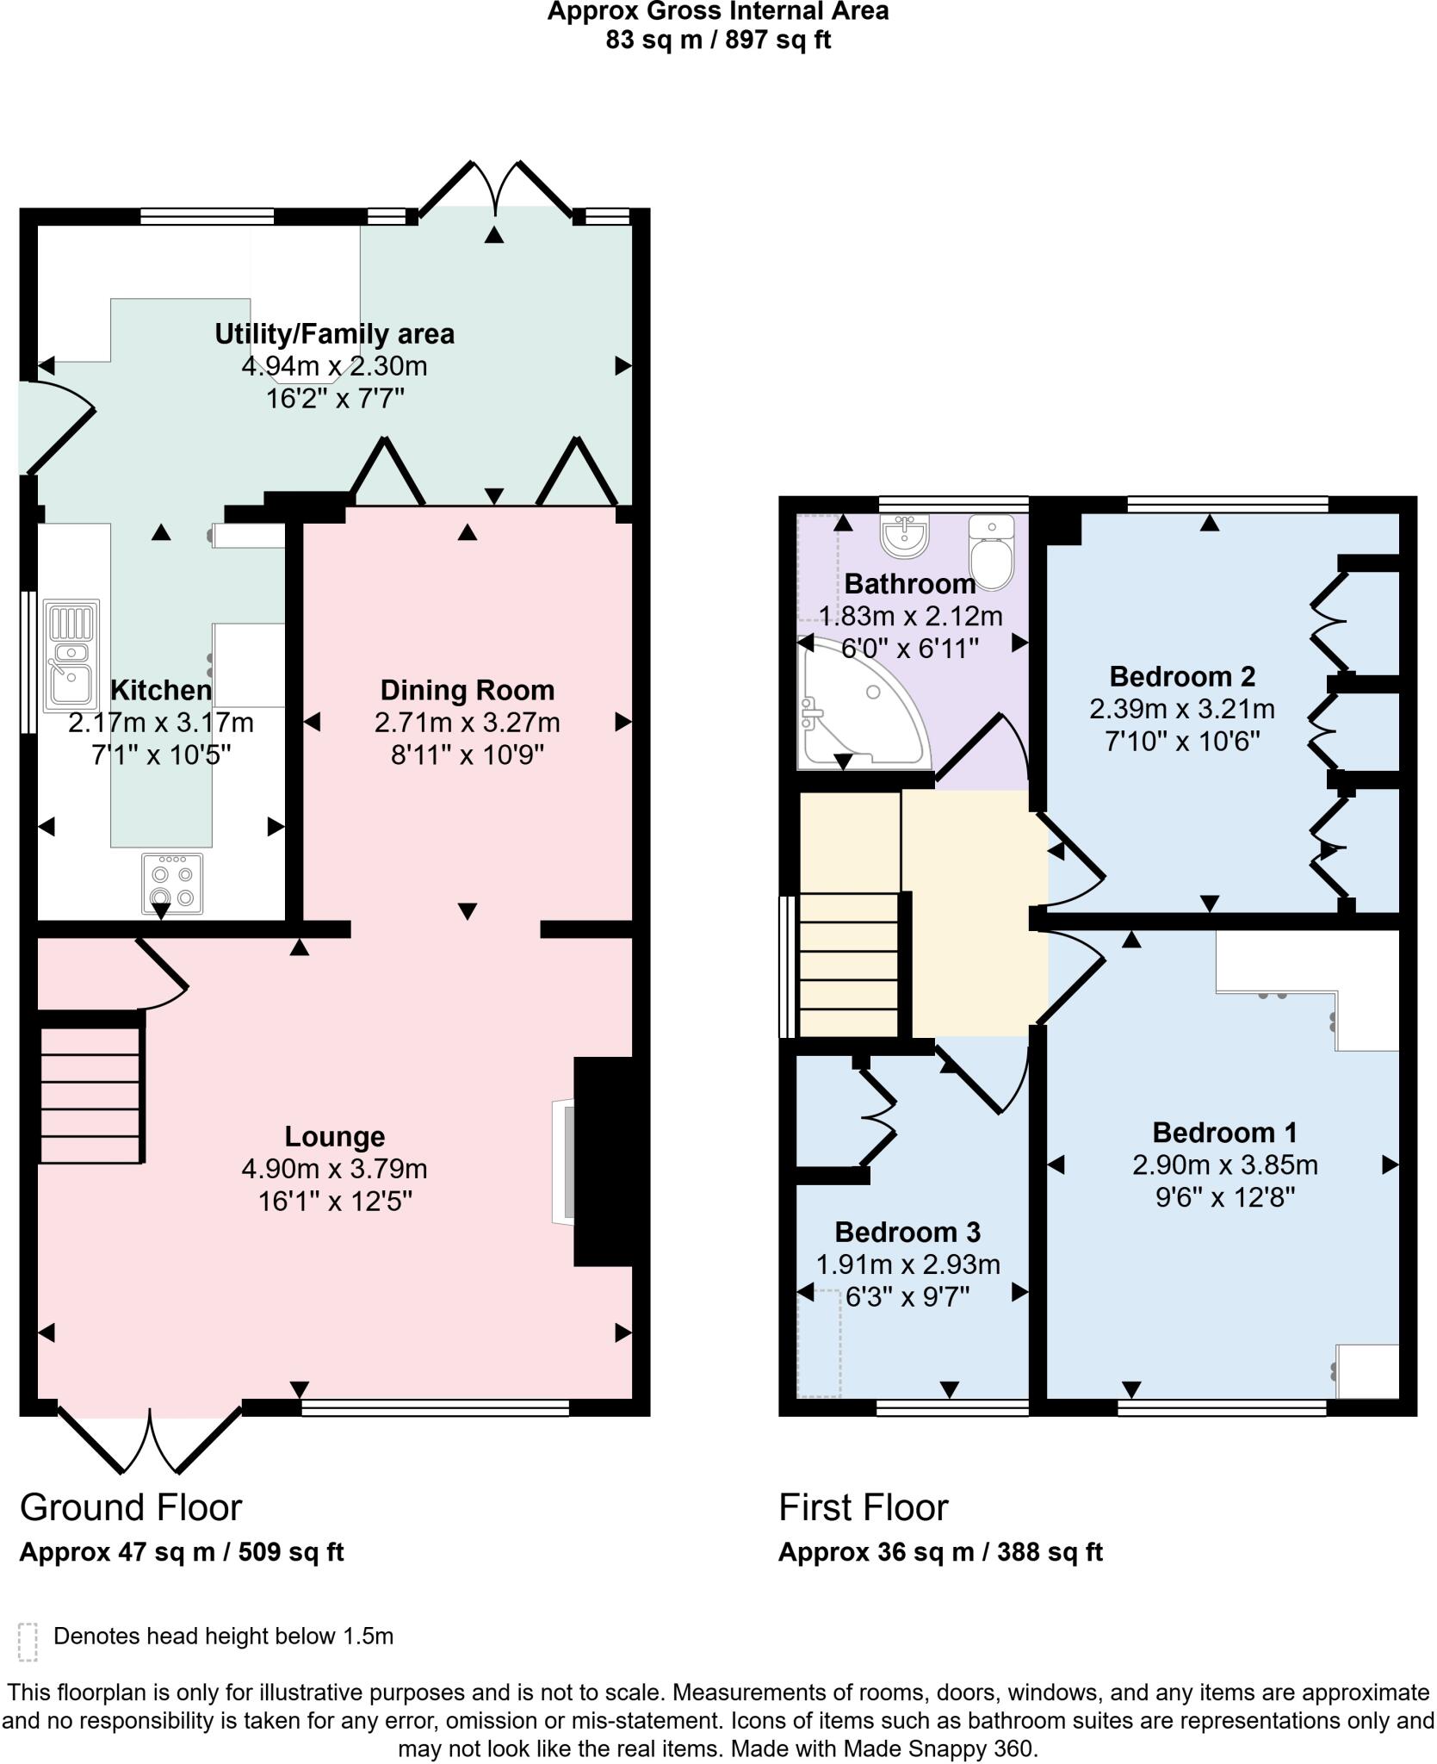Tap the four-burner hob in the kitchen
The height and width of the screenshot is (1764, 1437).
point(172,883)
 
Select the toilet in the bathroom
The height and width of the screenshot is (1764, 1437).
point(991,553)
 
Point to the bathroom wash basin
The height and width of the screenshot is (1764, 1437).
point(903,534)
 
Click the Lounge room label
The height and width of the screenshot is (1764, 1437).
point(334,1136)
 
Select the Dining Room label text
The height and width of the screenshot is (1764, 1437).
point(467,690)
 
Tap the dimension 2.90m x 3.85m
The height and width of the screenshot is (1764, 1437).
point(1224,1165)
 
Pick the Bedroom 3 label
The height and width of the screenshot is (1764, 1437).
point(907,1232)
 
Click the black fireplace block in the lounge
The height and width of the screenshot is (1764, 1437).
point(604,1161)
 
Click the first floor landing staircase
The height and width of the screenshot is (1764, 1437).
point(848,965)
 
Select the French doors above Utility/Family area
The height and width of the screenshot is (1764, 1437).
point(495,189)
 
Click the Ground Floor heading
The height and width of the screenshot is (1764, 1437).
point(131,1507)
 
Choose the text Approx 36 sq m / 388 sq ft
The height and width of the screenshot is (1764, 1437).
point(940,1552)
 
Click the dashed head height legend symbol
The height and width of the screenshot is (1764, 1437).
point(28,1642)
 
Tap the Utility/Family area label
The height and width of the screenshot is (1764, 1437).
point(334,333)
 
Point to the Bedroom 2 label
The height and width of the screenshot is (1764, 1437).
point(1181,676)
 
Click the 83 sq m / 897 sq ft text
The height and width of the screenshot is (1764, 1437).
point(717,40)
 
